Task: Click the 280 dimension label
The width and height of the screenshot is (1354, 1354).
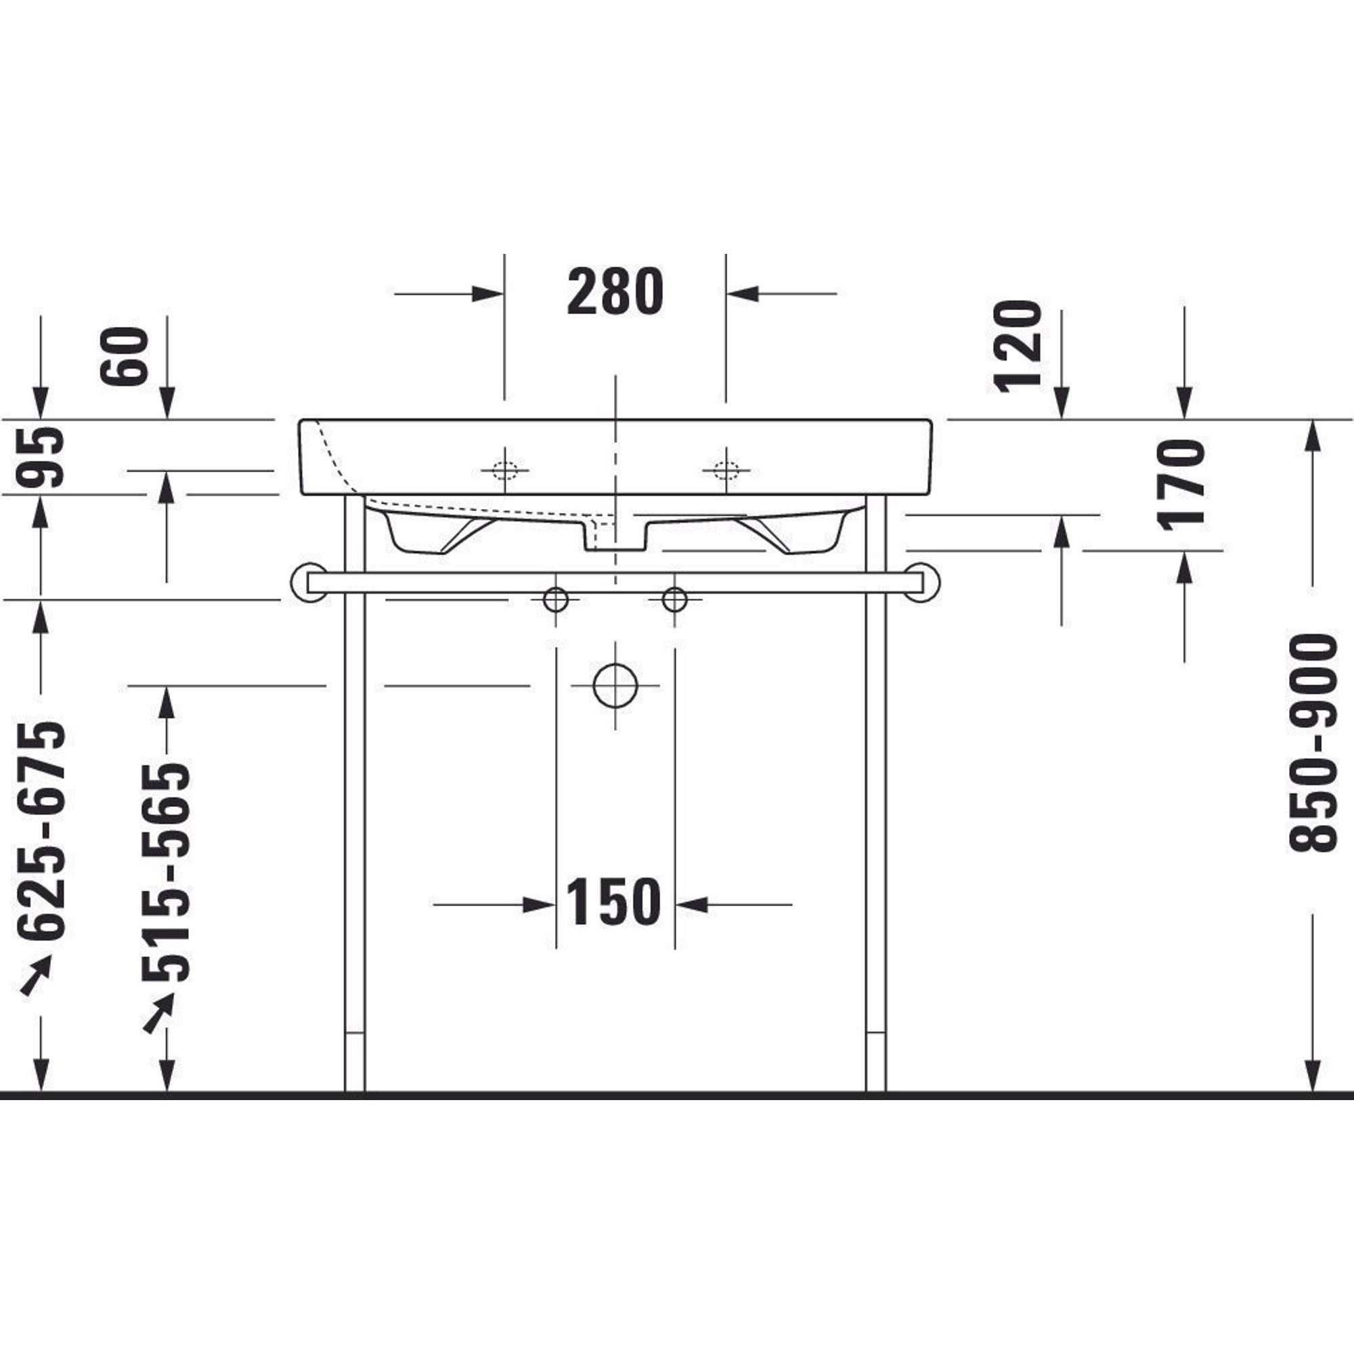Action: (615, 291)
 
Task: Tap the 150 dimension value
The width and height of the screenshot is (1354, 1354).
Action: (613, 902)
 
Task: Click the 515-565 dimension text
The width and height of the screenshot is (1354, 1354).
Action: (166, 873)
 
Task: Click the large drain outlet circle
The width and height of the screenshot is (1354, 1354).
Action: (615, 684)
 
